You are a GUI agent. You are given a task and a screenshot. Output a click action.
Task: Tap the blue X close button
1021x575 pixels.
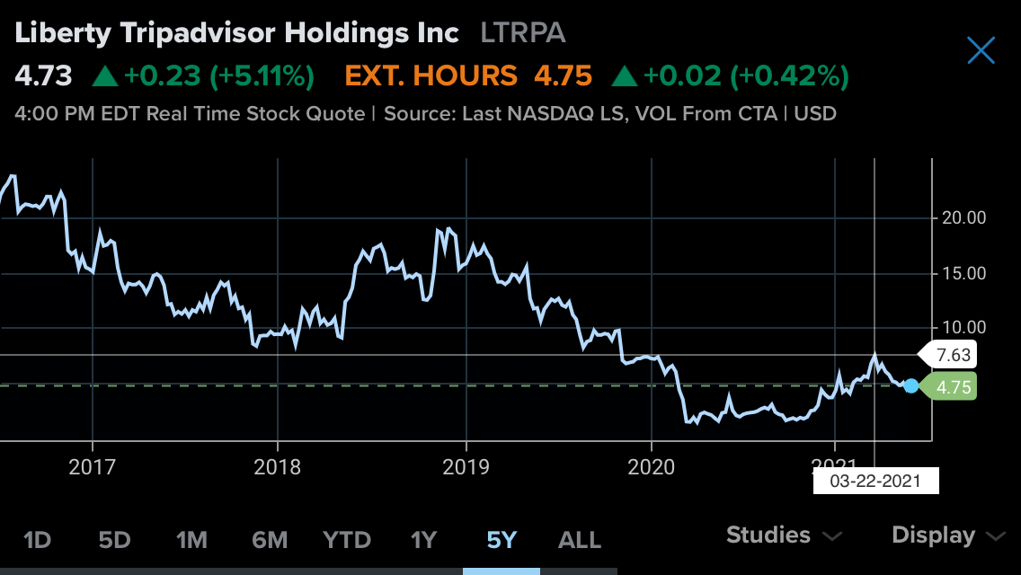[981, 50]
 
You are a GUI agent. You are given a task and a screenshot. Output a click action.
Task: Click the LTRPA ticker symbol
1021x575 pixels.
[523, 33]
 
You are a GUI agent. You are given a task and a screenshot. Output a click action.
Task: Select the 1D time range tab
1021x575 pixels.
[37, 540]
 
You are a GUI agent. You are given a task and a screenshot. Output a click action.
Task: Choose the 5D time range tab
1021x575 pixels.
[114, 540]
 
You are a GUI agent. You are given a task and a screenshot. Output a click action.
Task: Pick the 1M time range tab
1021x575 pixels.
[191, 540]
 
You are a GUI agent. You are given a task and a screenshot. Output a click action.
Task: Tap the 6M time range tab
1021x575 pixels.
[270, 540]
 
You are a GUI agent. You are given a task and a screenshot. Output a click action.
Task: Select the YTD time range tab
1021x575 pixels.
[347, 540]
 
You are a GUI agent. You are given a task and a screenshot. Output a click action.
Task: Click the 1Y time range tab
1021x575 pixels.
[423, 540]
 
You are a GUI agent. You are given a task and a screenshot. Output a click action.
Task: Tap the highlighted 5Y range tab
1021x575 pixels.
[502, 540]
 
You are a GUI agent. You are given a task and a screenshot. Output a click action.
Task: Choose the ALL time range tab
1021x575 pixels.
[580, 540]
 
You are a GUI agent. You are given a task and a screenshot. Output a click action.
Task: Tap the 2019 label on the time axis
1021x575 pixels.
[466, 467]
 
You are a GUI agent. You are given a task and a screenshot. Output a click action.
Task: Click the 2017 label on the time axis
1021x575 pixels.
[92, 467]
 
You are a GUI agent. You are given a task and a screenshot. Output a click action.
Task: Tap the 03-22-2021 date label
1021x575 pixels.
[875, 481]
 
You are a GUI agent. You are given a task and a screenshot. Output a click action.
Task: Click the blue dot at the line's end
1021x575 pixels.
[911, 385]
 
